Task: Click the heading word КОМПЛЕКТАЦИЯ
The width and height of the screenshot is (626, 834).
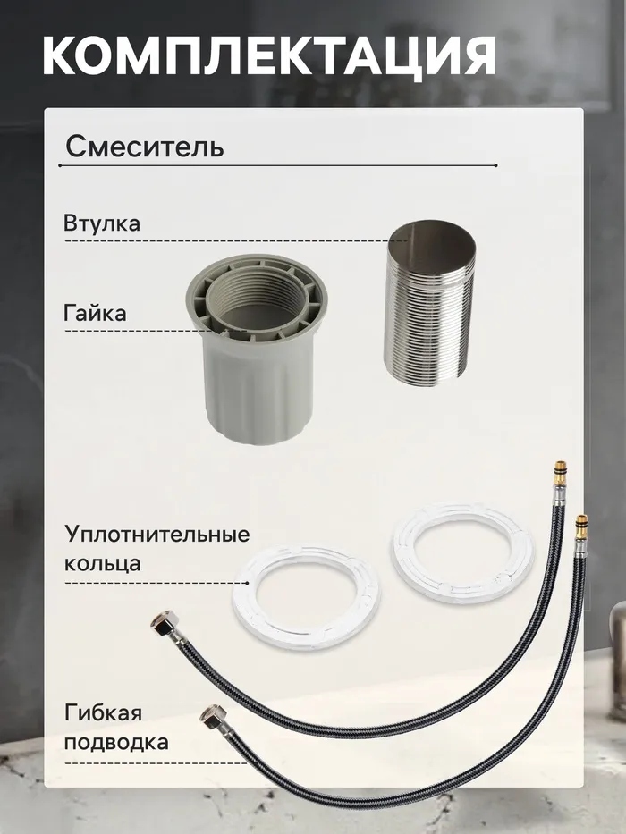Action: point(269,55)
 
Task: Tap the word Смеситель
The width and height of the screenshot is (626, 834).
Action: point(144,146)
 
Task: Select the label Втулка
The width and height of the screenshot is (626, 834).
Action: point(102,223)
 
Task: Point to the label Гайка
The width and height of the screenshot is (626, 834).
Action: point(96,313)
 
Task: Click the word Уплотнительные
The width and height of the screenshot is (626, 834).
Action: point(157,534)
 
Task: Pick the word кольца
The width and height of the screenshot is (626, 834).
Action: point(103,563)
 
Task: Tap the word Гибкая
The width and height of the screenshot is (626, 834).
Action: point(103,712)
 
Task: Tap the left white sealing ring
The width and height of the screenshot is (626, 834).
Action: point(307,596)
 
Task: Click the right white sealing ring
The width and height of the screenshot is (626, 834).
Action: point(463,553)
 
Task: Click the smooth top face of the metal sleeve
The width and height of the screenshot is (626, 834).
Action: point(429,239)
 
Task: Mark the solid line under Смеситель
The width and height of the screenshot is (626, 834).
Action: point(278,166)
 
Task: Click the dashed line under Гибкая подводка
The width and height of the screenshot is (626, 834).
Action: point(156,763)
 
